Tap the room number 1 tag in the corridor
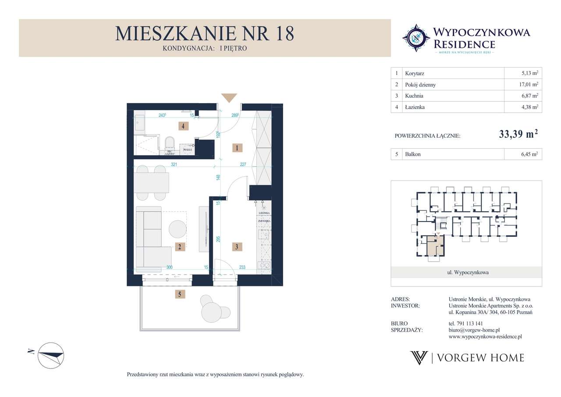pyautogui.click(x=237, y=148)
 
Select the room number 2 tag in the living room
pyautogui.click(x=179, y=247)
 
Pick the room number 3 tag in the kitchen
pyautogui.click(x=237, y=247)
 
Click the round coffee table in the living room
pyautogui.click(x=178, y=228)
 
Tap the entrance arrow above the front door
pyautogui.click(x=229, y=98)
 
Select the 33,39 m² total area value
pyautogui.click(x=518, y=135)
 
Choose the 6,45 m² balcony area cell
pyautogui.click(x=529, y=154)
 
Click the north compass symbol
pyautogui.click(x=50, y=355)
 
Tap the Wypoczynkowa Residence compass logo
pyautogui.click(x=416, y=38)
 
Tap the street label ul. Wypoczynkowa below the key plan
pyautogui.click(x=466, y=272)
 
